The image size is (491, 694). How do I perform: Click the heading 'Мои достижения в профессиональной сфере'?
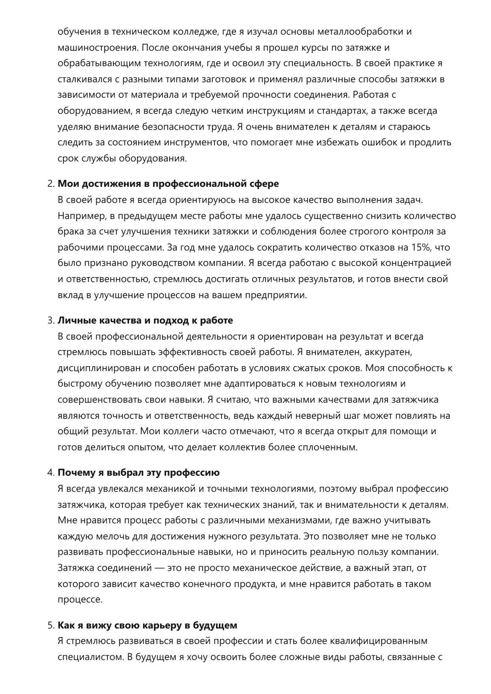(168, 184)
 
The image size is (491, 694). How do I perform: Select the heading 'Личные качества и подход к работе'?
(145, 320)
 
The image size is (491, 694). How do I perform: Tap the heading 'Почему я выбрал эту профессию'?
(139, 473)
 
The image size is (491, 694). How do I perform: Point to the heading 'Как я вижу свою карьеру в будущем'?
(147, 625)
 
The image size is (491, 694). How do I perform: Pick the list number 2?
(50, 184)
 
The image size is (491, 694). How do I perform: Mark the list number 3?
(50, 320)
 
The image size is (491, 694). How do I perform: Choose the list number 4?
(50, 473)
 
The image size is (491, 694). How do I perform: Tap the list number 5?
(50, 625)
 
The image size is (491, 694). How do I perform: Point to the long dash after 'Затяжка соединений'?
(160, 568)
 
